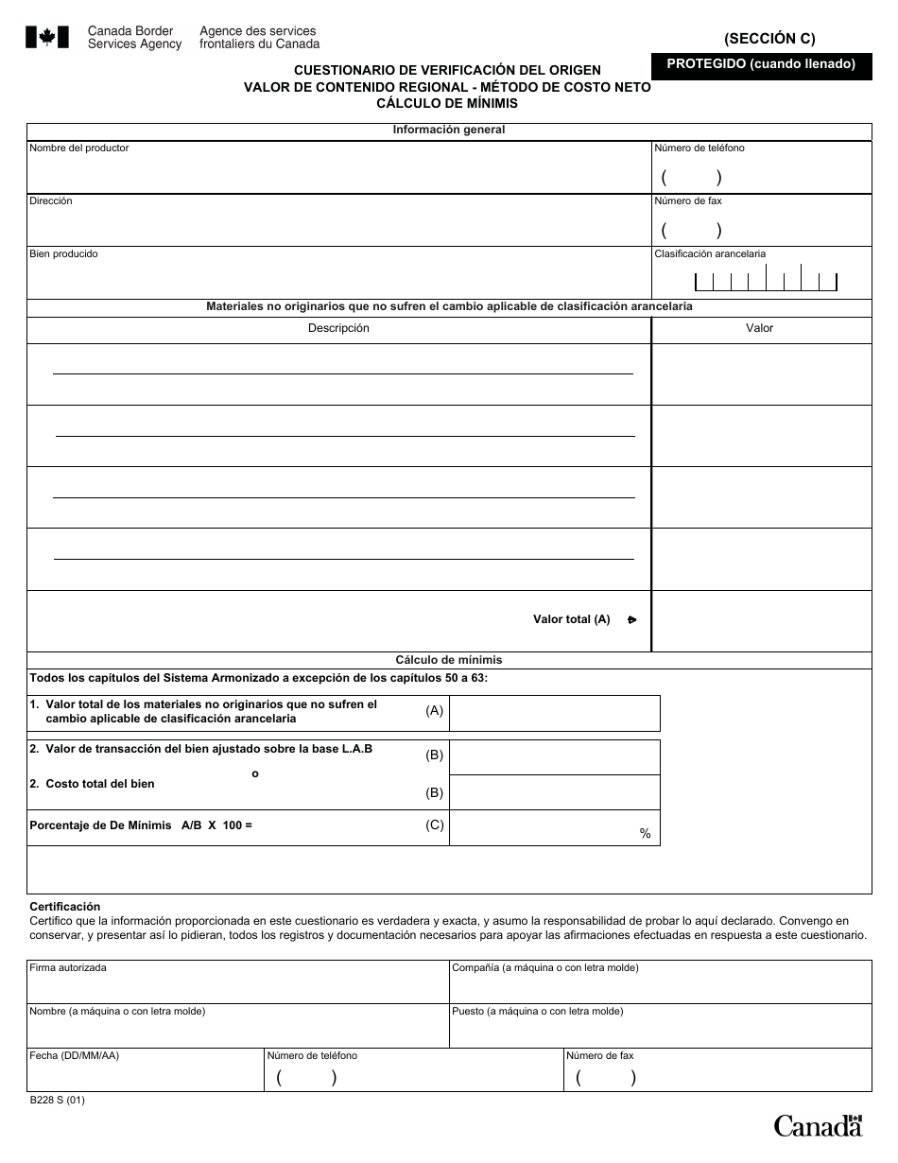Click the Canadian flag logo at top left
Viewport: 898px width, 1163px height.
[x=46, y=38]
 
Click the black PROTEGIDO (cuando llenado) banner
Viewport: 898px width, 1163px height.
[x=761, y=65]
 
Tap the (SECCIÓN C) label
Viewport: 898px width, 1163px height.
[x=769, y=39]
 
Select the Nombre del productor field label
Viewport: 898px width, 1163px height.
[x=79, y=148]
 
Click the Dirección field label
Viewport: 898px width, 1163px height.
[x=51, y=201]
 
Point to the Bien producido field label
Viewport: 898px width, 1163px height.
[x=63, y=254]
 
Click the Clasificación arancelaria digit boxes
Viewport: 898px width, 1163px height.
[x=765, y=281]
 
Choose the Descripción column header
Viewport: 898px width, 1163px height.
[x=338, y=328]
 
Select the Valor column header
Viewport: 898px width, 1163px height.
[x=759, y=328]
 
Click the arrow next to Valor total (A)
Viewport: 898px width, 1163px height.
[x=631, y=620]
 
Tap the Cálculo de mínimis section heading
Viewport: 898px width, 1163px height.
[x=449, y=660]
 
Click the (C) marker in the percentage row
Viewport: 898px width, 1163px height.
[x=434, y=825]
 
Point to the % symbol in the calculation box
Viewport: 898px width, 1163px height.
[x=646, y=834]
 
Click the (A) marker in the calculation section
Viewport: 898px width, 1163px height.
[x=434, y=710]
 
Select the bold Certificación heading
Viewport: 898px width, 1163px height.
[x=64, y=907]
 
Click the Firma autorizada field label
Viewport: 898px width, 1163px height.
[x=68, y=968]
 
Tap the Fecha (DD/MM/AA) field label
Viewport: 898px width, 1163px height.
[x=74, y=1056]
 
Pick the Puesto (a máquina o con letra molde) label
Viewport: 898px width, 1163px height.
[x=537, y=1012]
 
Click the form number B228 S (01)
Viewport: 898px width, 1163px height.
[x=57, y=1101]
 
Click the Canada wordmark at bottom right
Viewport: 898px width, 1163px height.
[x=818, y=1125]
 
